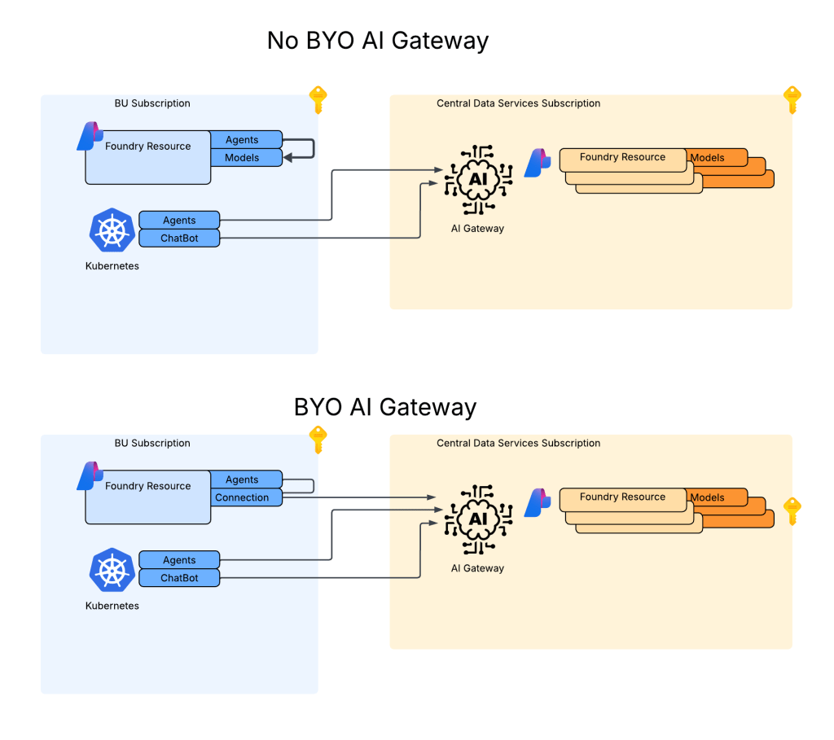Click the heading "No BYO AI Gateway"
(x=377, y=41)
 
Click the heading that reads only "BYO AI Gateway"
(x=384, y=406)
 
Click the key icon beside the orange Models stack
(x=792, y=511)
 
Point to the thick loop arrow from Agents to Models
(x=312, y=149)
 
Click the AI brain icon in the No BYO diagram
(x=477, y=177)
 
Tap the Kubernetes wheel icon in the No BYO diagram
(x=111, y=230)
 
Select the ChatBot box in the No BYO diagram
(x=179, y=239)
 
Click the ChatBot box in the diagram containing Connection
(x=179, y=578)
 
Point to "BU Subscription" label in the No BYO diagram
(x=152, y=103)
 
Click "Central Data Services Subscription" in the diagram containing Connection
(x=518, y=444)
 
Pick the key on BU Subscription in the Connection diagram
(x=318, y=440)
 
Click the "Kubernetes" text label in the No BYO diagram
(x=112, y=266)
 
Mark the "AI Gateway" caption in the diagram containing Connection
(x=477, y=568)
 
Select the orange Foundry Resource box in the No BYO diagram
(x=622, y=158)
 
